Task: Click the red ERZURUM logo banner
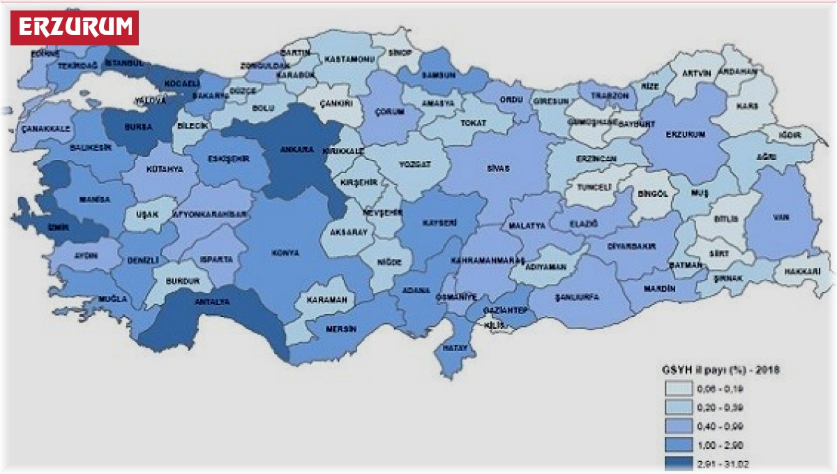[x=75, y=27]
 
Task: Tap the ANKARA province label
[x=295, y=149]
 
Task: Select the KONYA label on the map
[x=286, y=252]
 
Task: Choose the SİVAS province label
[x=498, y=169]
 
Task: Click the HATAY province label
[x=454, y=347]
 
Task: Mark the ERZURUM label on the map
[x=686, y=134]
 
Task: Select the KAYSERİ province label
[x=439, y=223]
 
